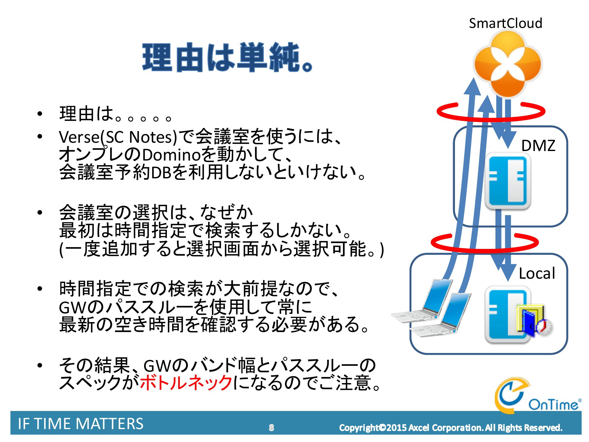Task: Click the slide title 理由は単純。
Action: (x=228, y=58)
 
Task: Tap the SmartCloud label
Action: (x=506, y=23)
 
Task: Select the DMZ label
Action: (x=538, y=145)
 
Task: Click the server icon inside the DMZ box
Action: (x=508, y=181)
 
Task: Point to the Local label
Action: (x=537, y=273)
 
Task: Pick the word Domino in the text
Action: (x=171, y=155)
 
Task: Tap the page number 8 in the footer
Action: (x=271, y=428)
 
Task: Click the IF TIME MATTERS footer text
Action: (x=81, y=424)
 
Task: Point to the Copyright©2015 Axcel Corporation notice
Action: (x=451, y=428)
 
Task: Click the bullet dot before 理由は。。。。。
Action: (x=39, y=114)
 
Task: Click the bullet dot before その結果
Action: (x=39, y=365)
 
